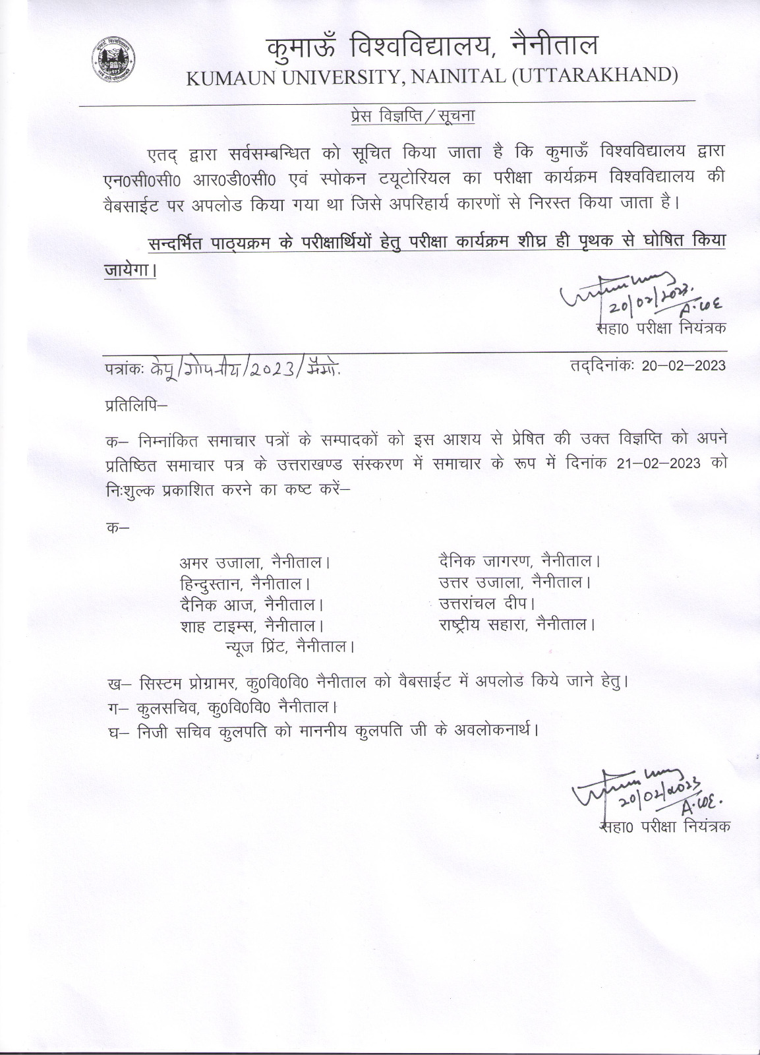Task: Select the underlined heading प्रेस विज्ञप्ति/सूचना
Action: pyautogui.click(x=412, y=116)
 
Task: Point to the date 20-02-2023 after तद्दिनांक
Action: pyautogui.click(x=683, y=365)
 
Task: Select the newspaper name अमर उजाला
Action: pyautogui.click(x=221, y=563)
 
